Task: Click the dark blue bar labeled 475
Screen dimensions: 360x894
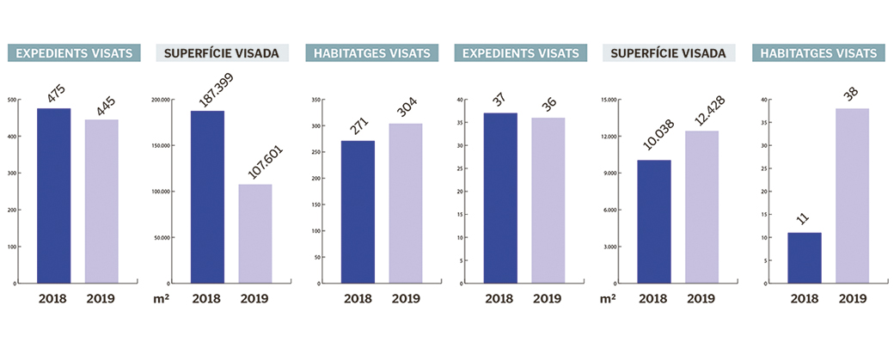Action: (54, 196)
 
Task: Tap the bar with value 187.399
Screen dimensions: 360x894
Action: (207, 197)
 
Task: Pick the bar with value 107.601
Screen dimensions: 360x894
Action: (255, 234)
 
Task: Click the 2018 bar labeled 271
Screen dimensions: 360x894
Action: (358, 212)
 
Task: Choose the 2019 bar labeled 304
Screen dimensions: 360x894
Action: (406, 204)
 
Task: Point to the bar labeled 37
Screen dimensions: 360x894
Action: (500, 198)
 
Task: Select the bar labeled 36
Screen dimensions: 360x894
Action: (548, 200)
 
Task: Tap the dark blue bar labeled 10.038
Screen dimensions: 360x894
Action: (654, 222)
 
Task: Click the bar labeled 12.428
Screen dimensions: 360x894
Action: (701, 207)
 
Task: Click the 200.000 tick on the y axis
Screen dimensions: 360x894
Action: (160, 100)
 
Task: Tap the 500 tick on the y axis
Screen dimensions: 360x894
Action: (11, 100)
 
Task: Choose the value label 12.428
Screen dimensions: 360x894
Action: (703, 113)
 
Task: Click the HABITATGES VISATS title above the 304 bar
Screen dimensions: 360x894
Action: (370, 53)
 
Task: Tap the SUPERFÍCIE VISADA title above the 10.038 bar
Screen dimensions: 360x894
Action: (669, 53)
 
